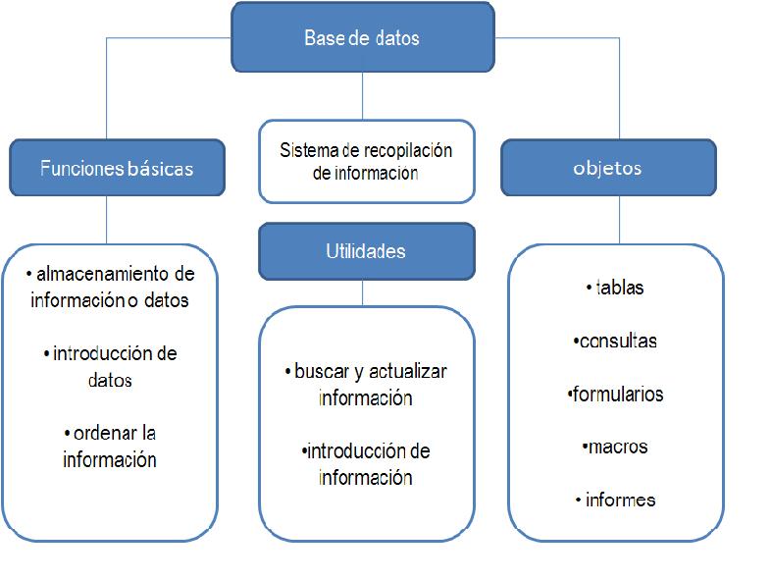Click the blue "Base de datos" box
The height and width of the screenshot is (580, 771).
point(362,38)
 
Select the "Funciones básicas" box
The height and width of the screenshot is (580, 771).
point(117,167)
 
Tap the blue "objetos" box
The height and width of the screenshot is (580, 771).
point(607,167)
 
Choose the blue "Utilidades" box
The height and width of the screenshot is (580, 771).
point(366,251)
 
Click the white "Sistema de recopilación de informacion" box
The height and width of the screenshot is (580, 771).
point(366,162)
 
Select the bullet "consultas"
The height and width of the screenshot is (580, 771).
point(617,342)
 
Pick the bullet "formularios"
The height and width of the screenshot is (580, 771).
point(617,395)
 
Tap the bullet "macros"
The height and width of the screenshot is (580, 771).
point(617,447)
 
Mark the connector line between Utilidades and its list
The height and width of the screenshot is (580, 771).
point(363,292)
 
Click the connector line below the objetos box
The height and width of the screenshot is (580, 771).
point(618,219)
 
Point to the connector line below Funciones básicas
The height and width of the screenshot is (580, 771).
point(106,219)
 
